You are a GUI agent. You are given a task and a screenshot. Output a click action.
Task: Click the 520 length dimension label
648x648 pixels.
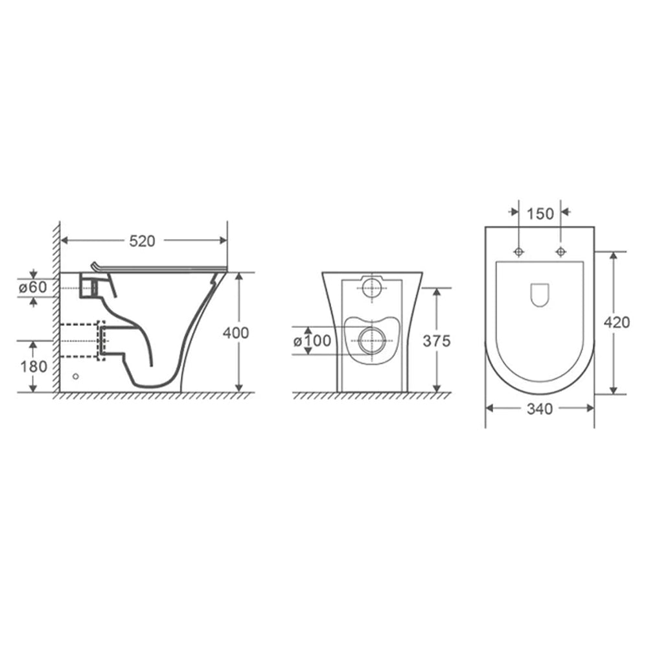[142, 241]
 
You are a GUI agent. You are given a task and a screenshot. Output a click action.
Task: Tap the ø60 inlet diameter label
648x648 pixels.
[34, 287]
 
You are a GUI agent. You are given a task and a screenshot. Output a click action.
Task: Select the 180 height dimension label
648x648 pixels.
[34, 366]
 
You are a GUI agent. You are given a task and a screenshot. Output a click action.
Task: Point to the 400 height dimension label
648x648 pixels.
[235, 333]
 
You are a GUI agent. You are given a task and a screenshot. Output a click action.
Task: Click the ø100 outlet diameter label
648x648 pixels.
[312, 340]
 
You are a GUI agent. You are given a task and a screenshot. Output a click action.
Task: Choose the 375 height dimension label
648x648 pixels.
[437, 341]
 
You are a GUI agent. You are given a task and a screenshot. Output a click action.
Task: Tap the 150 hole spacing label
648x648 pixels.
[540, 213]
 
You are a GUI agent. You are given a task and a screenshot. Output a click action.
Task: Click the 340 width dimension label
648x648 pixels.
[540, 409]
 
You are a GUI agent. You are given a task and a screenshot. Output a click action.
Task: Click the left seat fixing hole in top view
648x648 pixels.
[518, 251]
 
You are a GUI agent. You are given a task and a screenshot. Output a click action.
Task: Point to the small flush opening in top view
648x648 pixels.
[539, 295]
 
